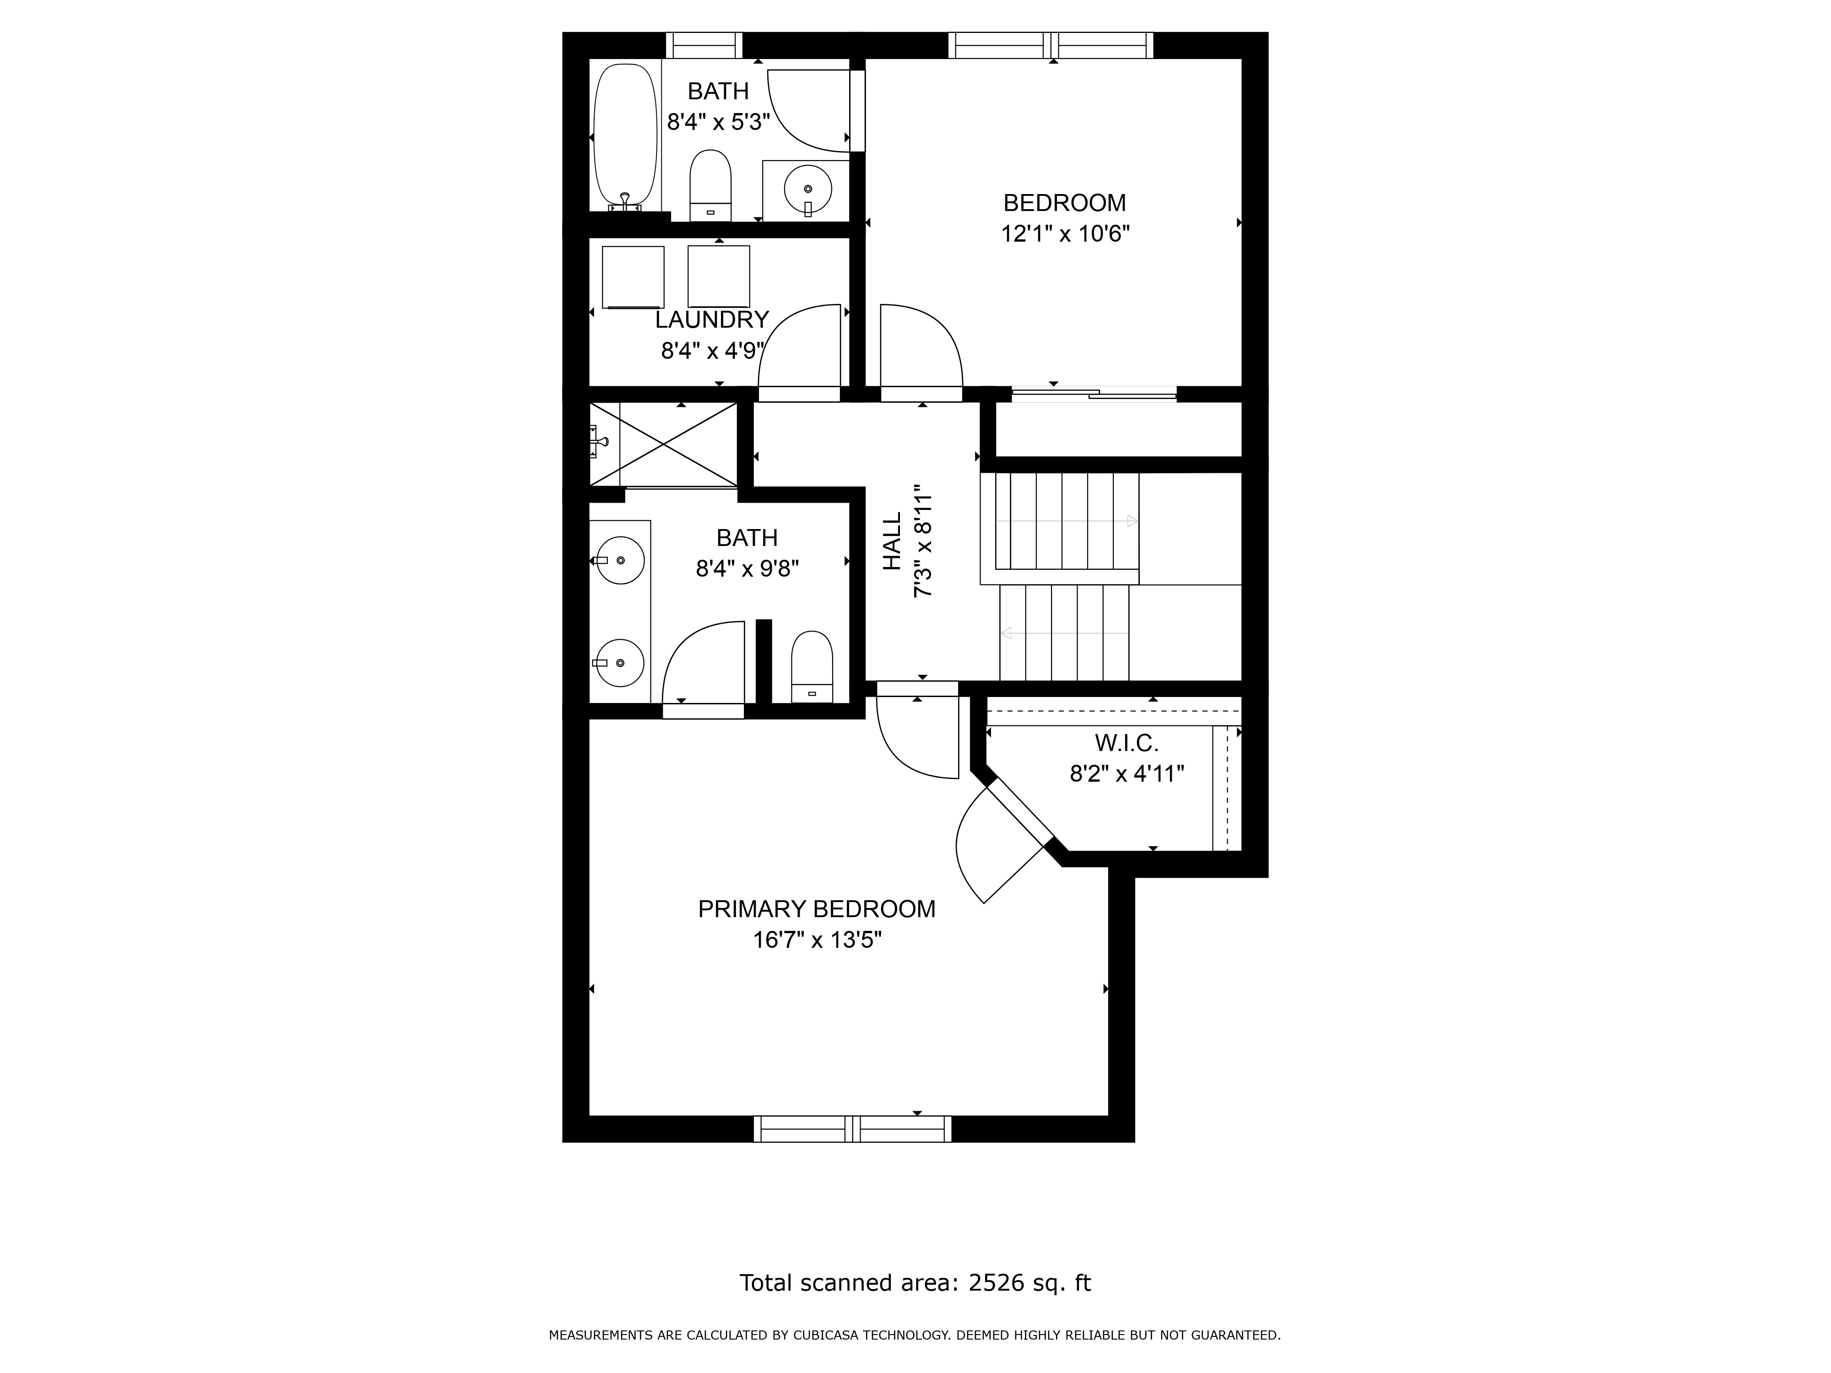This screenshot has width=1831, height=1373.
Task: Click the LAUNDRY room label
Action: [712, 319]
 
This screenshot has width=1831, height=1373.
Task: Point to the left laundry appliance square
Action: [633, 276]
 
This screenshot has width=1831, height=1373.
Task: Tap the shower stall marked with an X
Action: [663, 444]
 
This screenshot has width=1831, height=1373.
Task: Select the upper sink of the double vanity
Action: [620, 560]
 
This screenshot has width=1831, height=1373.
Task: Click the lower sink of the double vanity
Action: [620, 663]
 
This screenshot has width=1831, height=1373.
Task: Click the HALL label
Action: [892, 541]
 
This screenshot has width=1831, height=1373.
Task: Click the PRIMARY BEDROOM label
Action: [816, 909]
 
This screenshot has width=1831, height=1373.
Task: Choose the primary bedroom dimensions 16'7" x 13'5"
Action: [816, 940]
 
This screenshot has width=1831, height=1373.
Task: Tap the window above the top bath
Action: [704, 45]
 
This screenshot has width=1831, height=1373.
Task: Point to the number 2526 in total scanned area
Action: [994, 1283]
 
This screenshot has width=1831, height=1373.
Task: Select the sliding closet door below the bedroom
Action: [1093, 395]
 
